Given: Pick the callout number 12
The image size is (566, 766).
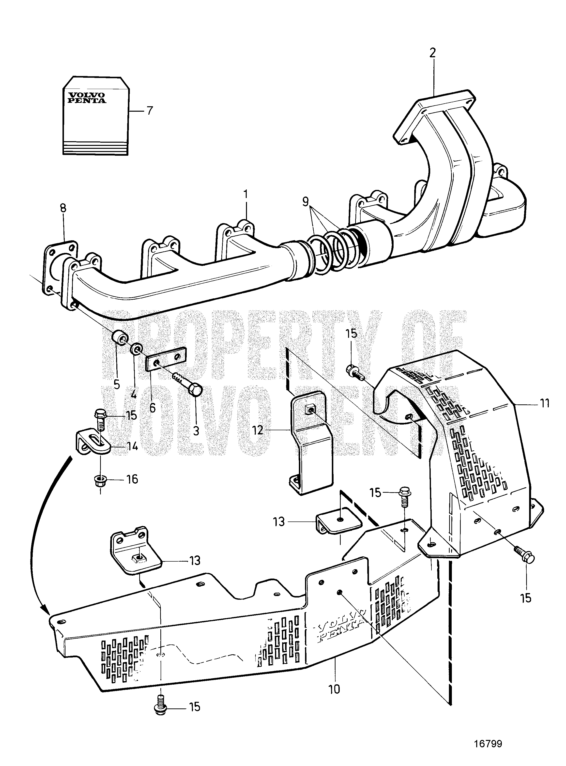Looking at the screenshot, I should tap(257, 430).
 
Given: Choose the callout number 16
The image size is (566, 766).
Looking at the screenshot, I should tap(132, 479).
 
